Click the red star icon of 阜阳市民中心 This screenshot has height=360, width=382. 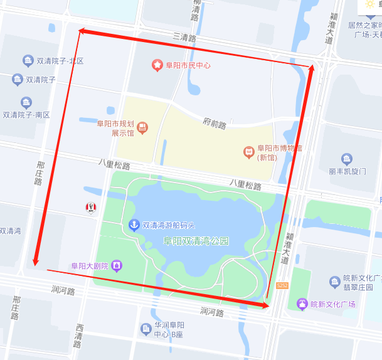pos(157,65)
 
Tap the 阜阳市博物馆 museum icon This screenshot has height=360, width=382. pos(249,152)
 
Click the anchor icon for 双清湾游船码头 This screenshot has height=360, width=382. pos(134,225)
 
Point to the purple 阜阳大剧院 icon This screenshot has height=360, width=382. pos(117,266)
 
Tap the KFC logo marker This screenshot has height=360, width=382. pos(91,207)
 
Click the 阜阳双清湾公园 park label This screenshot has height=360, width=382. pos(196,241)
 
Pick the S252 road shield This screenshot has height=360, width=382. pos(282,286)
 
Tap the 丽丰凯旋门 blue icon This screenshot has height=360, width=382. pos(346,159)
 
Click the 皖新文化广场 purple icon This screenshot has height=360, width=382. pos(302,304)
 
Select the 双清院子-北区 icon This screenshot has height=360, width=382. pos(28,61)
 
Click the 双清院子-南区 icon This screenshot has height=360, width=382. pos(26,103)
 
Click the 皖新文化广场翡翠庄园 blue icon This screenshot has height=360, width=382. pos(334,282)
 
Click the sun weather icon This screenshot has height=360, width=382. pos(369,4)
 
